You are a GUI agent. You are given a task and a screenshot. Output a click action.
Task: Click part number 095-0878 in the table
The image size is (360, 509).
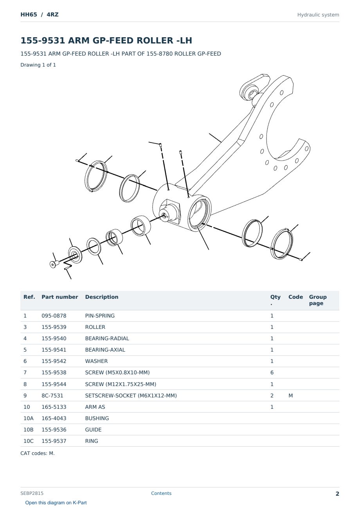click(x=54, y=316)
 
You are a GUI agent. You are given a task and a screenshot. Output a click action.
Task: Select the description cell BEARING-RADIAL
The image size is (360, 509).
click(x=107, y=338)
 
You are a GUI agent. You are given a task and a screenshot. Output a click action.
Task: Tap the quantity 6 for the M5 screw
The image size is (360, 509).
click(x=272, y=372)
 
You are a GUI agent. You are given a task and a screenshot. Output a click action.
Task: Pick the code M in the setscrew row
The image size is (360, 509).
click(x=290, y=395)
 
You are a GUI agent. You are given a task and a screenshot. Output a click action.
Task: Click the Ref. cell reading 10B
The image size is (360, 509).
click(x=29, y=430)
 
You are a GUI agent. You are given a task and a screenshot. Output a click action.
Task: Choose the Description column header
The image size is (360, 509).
click(x=102, y=297)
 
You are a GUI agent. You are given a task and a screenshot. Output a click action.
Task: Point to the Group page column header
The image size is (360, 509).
click(x=318, y=300)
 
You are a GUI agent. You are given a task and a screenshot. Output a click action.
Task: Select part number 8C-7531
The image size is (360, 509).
click(x=52, y=395)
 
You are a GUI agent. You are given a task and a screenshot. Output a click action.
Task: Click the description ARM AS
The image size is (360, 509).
click(x=95, y=407)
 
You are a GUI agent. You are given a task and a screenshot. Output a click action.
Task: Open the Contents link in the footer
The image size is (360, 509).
click(x=161, y=493)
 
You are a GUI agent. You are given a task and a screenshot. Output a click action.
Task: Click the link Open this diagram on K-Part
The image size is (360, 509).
click(x=56, y=503)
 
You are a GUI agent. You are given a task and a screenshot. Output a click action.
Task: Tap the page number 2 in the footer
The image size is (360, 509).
click(x=337, y=494)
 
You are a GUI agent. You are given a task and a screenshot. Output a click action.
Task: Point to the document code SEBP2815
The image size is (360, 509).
click(x=32, y=493)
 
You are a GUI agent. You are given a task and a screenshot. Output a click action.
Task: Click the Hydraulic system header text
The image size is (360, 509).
click(x=318, y=15)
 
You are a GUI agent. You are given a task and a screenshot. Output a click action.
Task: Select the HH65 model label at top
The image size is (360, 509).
click(x=29, y=14)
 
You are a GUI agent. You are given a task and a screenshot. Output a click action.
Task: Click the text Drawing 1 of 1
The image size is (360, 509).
click(x=38, y=65)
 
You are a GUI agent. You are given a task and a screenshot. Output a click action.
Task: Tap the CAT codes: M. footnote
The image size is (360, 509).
click(x=38, y=453)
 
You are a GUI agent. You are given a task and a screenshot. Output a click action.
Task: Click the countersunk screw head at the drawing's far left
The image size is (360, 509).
click(x=53, y=264)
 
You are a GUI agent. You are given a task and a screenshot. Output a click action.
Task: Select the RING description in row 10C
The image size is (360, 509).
click(x=92, y=441)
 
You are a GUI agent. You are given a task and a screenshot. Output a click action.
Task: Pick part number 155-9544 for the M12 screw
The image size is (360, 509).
click(x=54, y=384)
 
